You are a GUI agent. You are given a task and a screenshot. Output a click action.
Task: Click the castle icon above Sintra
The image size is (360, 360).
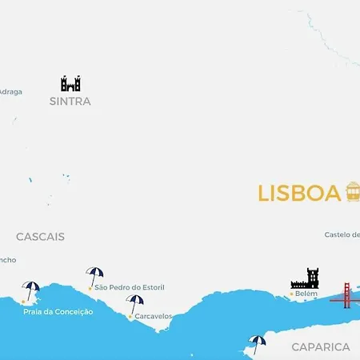[x=70, y=83]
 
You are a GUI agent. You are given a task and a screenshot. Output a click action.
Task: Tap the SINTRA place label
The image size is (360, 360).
[x=70, y=102]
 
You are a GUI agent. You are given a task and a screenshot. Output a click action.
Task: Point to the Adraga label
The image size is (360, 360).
[x=10, y=91]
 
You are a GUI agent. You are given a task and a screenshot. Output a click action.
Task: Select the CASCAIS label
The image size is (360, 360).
[x=40, y=237]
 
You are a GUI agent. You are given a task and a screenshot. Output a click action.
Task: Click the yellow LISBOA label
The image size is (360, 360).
[x=299, y=194]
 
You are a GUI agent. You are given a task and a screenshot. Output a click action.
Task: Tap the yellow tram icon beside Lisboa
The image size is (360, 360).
[x=353, y=192]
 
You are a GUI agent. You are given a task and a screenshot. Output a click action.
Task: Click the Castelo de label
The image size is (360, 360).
[x=342, y=234]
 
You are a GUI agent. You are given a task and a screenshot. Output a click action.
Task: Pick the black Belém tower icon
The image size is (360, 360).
[x=305, y=278]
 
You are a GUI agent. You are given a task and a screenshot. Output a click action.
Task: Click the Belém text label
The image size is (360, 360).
[x=306, y=294]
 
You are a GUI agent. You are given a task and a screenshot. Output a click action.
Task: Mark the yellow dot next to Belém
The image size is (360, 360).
[x=290, y=294]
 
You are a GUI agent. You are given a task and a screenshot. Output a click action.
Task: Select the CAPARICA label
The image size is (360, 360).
[x=321, y=347]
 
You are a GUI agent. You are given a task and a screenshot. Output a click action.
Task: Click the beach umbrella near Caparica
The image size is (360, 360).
[x=257, y=343]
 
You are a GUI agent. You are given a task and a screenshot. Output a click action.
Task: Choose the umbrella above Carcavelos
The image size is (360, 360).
[x=135, y=303]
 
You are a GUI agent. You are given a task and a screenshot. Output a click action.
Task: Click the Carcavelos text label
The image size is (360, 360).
[x=154, y=316]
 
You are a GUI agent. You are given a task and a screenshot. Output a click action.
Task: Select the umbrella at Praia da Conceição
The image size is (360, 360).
[x=31, y=290]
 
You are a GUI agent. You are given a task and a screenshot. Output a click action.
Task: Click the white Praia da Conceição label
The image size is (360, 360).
[x=58, y=311]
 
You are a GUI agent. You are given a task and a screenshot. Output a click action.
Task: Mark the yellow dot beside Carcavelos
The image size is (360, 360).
[x=130, y=316]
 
